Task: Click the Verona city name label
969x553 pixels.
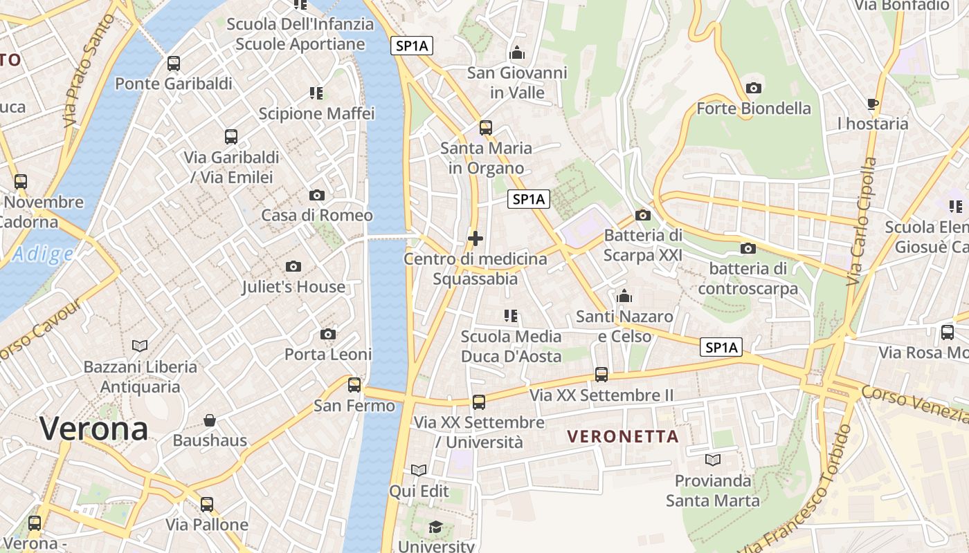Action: [x=93, y=429]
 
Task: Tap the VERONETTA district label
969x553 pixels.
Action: [x=623, y=437]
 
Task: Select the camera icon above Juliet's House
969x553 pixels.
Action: [x=293, y=266]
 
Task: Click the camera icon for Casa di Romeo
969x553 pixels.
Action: [x=317, y=195]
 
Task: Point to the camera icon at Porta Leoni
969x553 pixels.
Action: [x=328, y=335]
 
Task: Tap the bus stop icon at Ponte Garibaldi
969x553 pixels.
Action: [x=174, y=64]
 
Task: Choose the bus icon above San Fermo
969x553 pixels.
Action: [x=354, y=385]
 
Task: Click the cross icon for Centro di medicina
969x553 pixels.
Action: [x=476, y=238]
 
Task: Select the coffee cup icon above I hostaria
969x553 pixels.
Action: [x=873, y=104]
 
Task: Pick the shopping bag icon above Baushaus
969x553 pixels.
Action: [x=210, y=420]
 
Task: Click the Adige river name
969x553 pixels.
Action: [x=43, y=254]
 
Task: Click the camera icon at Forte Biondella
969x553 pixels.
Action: [x=754, y=88]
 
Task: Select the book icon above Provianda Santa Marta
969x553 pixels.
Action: [x=713, y=460]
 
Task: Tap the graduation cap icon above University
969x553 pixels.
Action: [x=435, y=527]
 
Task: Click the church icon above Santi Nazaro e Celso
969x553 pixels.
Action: [x=624, y=296]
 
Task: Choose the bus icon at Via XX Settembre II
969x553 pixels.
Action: [x=601, y=375]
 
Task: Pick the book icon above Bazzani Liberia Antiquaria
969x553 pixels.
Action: [x=140, y=346]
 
